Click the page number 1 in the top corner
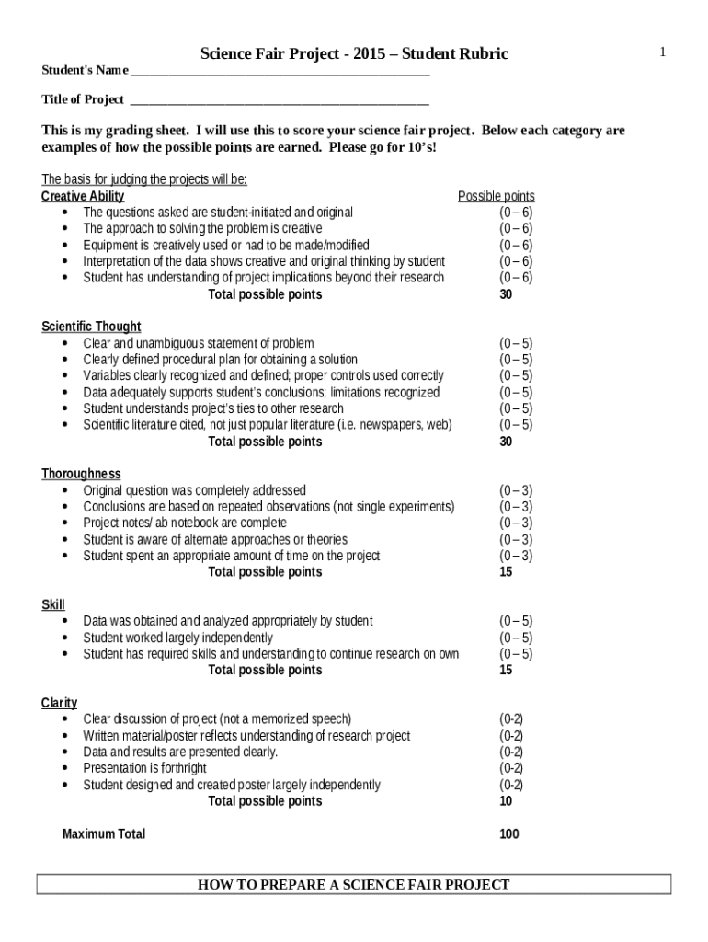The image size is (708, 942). point(662,53)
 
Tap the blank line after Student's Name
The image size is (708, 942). point(280,72)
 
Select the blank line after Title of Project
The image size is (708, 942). point(280,100)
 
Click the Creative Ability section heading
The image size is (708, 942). point(83,196)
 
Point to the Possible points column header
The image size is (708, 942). point(496,196)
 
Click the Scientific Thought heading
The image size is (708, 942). point(91,327)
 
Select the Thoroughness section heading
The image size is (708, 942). point(81,474)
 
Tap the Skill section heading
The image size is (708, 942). point(53,604)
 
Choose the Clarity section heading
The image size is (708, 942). point(59,703)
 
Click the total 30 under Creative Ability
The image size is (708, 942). point(506,295)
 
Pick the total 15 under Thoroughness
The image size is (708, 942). point(506,572)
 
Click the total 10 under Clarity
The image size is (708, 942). point(506,801)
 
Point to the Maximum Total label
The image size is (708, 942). point(104,834)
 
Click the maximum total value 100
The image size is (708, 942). point(508,834)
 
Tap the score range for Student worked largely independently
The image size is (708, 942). point(515,638)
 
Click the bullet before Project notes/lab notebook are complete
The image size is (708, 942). point(64,523)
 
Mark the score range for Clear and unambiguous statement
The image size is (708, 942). point(515,343)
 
